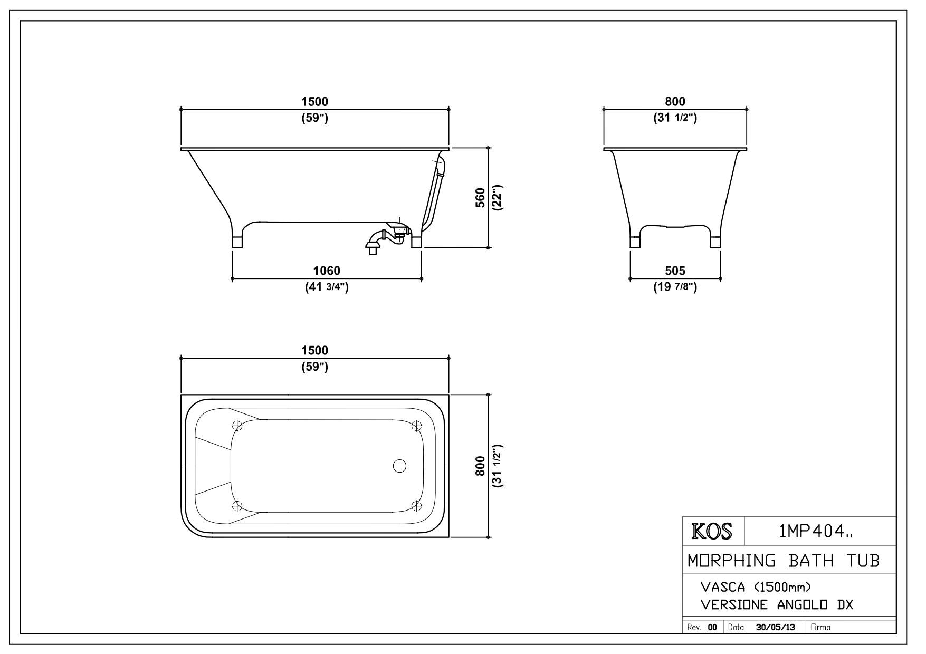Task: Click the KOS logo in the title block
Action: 712,532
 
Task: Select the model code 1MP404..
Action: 815,532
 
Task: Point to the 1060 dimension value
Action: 327,271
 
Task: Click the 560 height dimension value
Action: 480,198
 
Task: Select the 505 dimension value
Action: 675,271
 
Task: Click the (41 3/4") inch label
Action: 327,287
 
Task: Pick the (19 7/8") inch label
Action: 675,287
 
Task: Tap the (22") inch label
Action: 497,198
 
